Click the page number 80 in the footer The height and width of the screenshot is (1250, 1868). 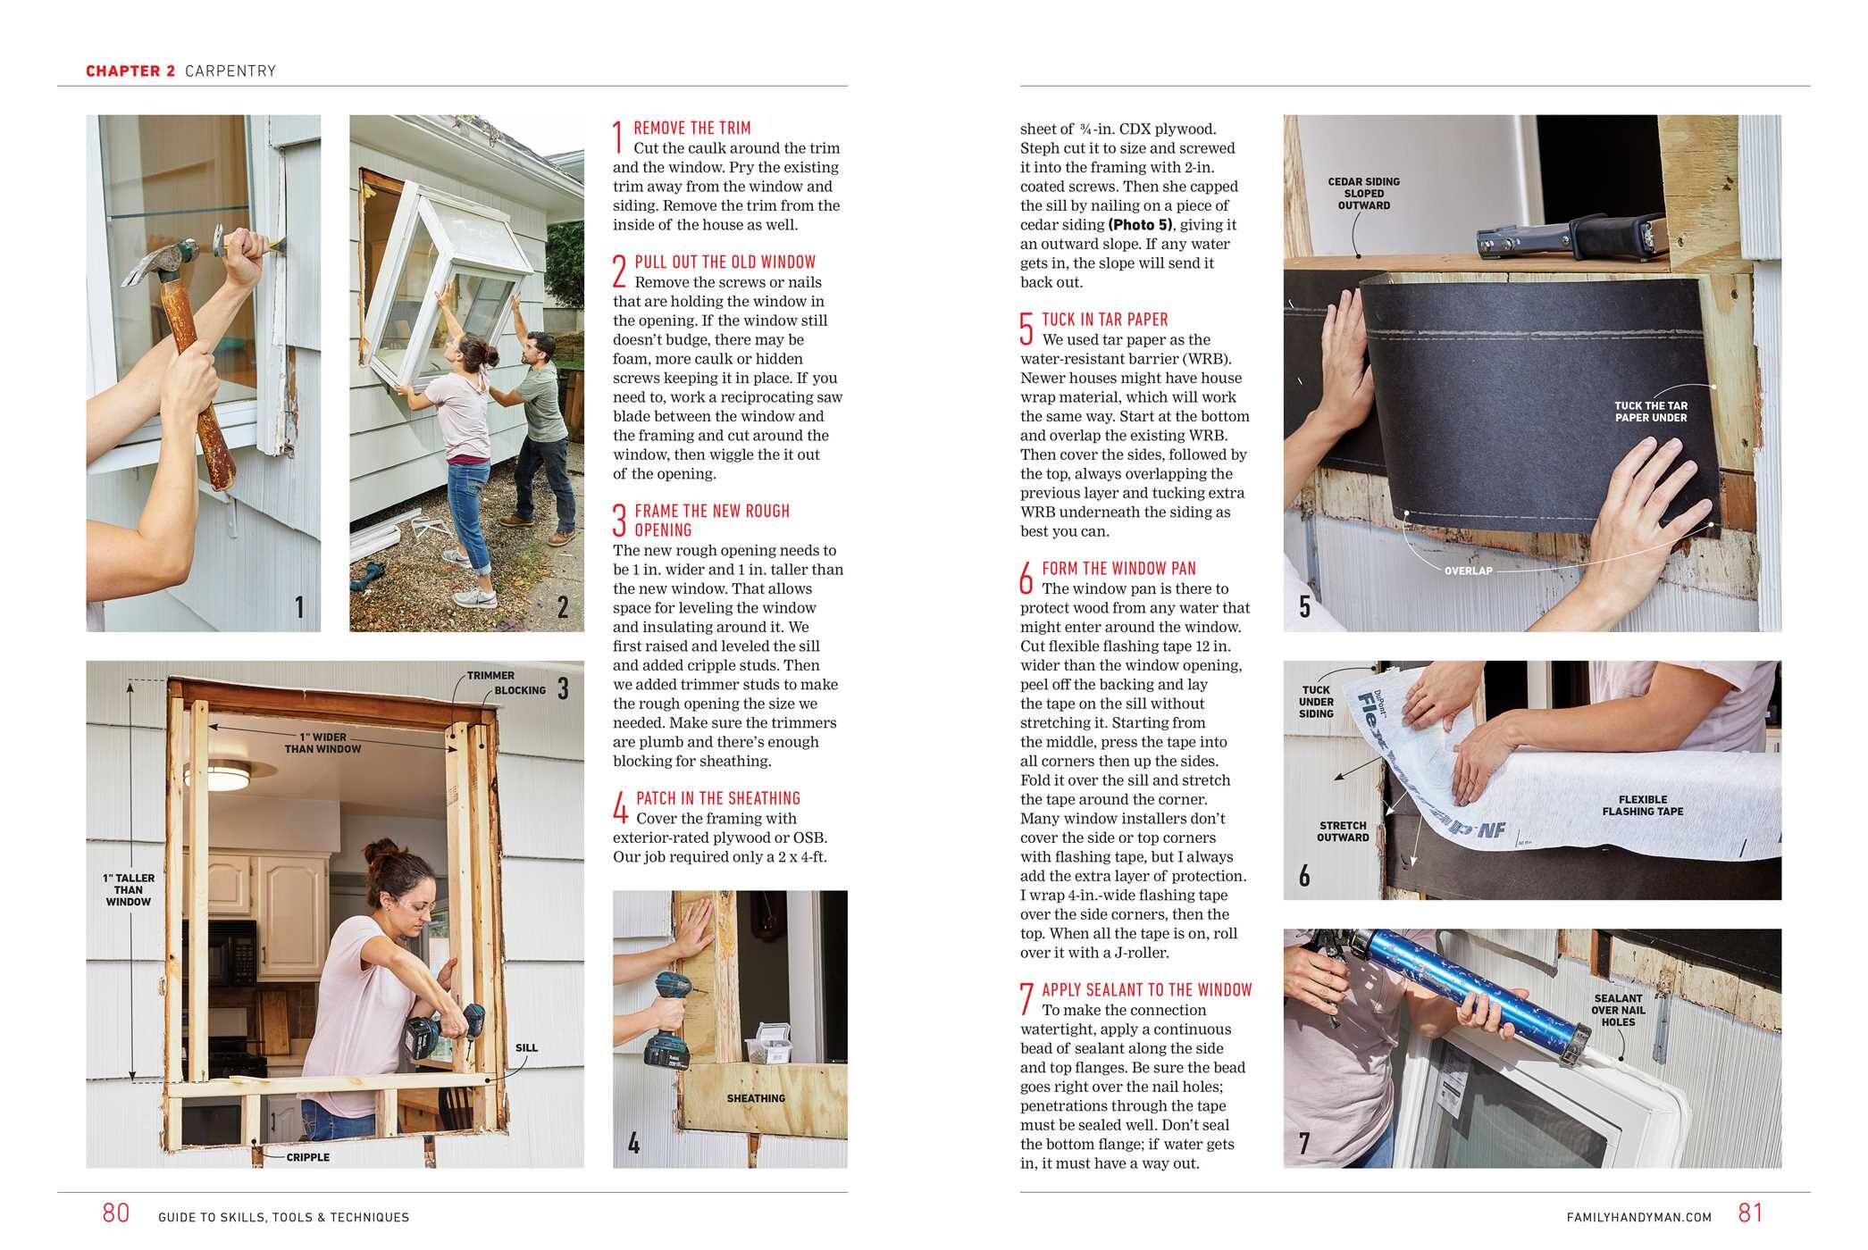coord(116,1212)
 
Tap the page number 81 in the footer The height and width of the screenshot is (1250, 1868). coord(1750,1212)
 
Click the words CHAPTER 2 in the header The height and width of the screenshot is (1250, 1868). coord(130,71)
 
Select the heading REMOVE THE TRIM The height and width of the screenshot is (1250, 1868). coord(692,129)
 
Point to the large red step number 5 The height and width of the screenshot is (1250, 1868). coord(1026,329)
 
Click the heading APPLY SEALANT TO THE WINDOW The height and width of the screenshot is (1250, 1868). coord(1146,990)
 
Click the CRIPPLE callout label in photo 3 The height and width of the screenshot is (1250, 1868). coord(307,1157)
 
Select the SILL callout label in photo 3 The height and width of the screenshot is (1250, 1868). coord(526,1047)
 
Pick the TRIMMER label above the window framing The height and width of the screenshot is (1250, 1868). coord(490,676)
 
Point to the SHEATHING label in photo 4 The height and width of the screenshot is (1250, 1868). coord(756,1098)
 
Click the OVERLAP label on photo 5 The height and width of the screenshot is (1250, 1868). coord(1468,571)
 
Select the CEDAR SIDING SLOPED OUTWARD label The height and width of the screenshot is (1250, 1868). coord(1363,194)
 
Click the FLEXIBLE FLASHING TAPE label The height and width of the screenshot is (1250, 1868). coord(1642,805)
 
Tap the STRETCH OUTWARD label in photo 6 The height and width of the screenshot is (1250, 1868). coord(1342,831)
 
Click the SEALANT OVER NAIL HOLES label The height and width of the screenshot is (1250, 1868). coord(1618,1010)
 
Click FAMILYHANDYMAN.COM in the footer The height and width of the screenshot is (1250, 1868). coord(1638,1217)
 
